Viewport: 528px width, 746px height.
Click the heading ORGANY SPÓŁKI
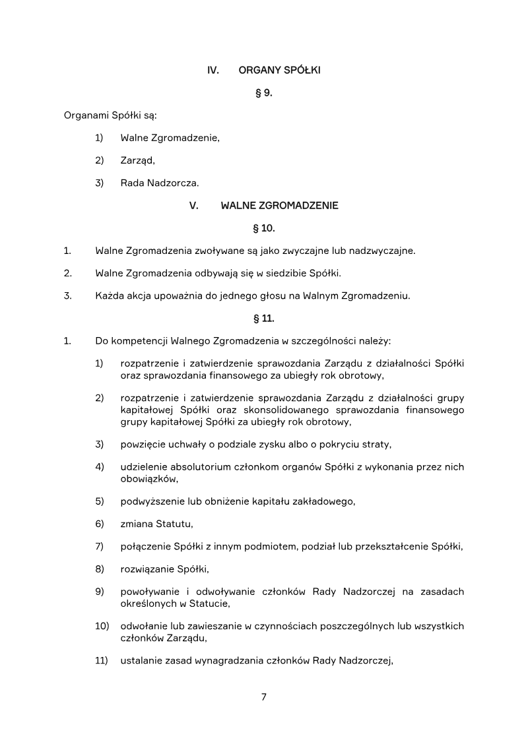pos(279,70)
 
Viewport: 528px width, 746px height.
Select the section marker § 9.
pos(264,93)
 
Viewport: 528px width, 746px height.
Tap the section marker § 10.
pos(264,228)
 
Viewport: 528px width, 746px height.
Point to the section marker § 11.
pos(264,319)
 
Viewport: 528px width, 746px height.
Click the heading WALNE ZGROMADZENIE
pos(279,206)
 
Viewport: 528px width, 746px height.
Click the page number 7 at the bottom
pos(264,697)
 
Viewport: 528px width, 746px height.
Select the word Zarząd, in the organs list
pos(137,160)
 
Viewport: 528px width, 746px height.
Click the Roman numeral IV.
pos(213,70)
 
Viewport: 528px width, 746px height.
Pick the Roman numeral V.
pos(194,206)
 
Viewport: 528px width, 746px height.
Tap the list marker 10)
pos(102,625)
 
